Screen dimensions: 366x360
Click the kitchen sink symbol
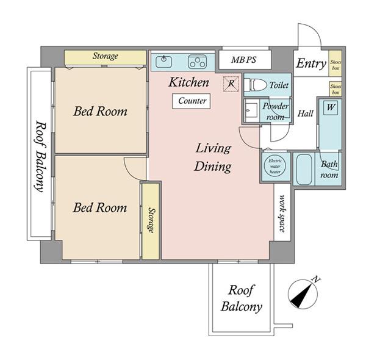point(163,62)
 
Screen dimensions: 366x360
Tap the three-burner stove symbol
point(198,62)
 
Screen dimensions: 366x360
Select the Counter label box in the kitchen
point(191,101)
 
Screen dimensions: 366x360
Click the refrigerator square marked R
point(231,84)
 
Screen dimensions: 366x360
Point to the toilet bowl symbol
point(255,85)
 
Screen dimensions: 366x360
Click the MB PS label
point(243,60)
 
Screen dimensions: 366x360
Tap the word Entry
point(311,63)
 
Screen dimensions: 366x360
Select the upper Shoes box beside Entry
point(335,63)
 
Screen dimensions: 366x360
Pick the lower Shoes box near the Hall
point(335,89)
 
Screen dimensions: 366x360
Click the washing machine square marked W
point(331,107)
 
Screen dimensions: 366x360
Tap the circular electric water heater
point(275,166)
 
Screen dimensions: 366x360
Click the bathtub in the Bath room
point(304,169)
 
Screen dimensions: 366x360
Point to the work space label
point(282,213)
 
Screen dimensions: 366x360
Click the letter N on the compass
point(316,279)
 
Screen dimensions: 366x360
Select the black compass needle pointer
point(301,295)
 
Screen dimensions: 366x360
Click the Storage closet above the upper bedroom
point(106,57)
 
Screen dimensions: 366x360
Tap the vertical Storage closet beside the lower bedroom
point(151,221)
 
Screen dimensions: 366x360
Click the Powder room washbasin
point(251,111)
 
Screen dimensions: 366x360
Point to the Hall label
point(305,113)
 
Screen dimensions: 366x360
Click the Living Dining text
point(213,157)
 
